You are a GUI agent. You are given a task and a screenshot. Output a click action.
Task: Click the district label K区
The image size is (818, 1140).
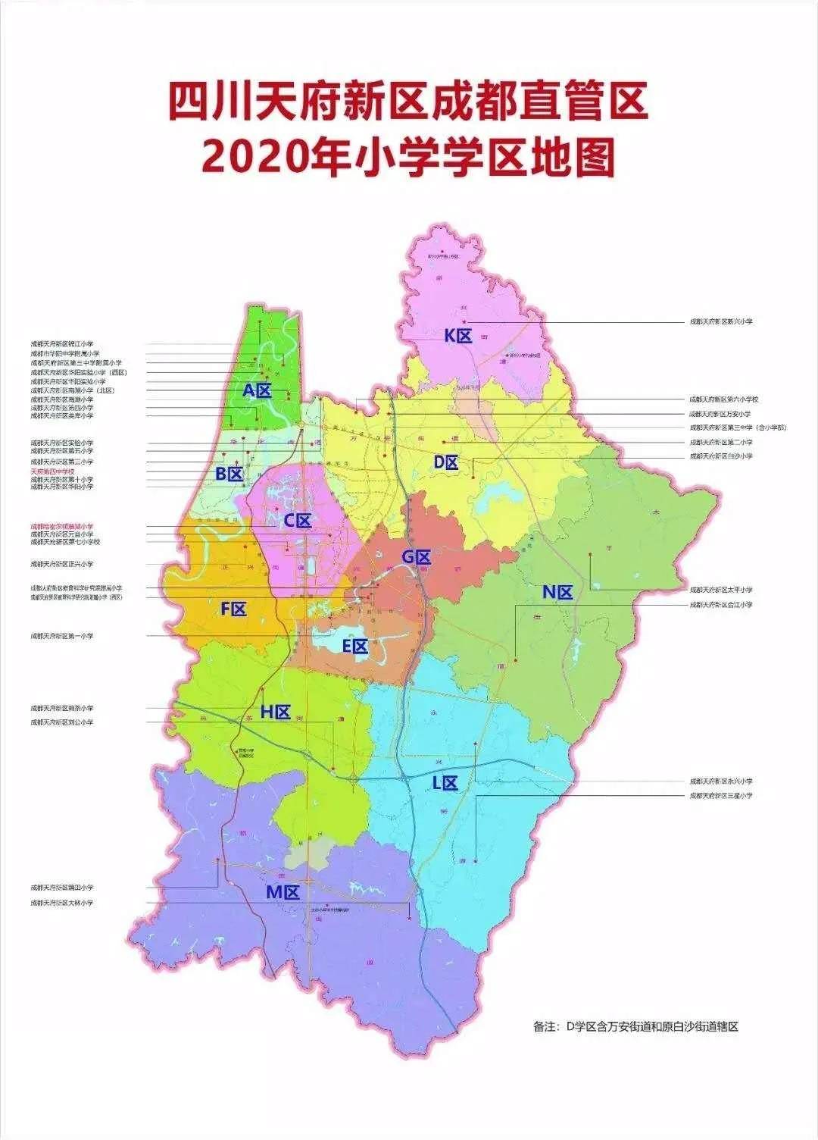(458, 336)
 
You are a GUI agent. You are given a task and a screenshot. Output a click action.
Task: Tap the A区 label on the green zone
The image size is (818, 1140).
(257, 391)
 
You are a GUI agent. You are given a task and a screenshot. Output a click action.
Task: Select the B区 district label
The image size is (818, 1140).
(229, 474)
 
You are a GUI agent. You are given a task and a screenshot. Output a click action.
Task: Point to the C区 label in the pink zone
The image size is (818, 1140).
(298, 521)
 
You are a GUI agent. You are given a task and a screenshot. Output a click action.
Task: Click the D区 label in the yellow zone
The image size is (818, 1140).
(446, 462)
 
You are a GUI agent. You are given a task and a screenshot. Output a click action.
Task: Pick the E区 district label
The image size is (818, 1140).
(354, 647)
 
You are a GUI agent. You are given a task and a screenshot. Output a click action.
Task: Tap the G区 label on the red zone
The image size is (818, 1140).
(416, 558)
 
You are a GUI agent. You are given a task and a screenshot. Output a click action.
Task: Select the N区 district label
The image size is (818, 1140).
(557, 593)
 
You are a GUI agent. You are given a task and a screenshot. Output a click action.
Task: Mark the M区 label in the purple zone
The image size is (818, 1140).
(283, 892)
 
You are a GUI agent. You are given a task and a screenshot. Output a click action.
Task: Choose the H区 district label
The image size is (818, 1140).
(276, 712)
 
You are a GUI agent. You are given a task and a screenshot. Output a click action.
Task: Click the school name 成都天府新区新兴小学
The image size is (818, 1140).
(720, 322)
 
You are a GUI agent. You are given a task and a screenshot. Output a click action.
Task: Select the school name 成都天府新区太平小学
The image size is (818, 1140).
(720, 590)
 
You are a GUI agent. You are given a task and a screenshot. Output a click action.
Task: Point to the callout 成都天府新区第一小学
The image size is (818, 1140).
(62, 636)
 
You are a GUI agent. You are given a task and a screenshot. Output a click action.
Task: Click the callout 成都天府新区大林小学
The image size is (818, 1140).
(62, 903)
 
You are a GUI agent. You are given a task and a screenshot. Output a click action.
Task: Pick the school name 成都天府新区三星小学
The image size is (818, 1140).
(720, 796)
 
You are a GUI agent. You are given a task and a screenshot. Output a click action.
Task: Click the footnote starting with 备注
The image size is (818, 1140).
(635, 1027)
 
